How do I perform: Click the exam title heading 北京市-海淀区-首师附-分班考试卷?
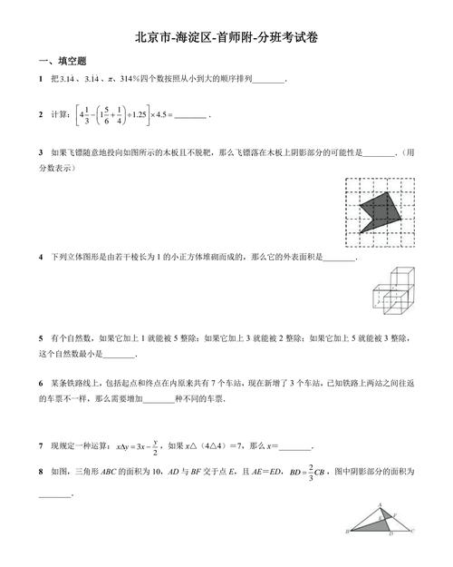(226, 38)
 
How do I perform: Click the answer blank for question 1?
(269, 82)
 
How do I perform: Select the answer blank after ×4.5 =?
(190, 117)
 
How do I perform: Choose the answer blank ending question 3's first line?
(377, 152)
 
